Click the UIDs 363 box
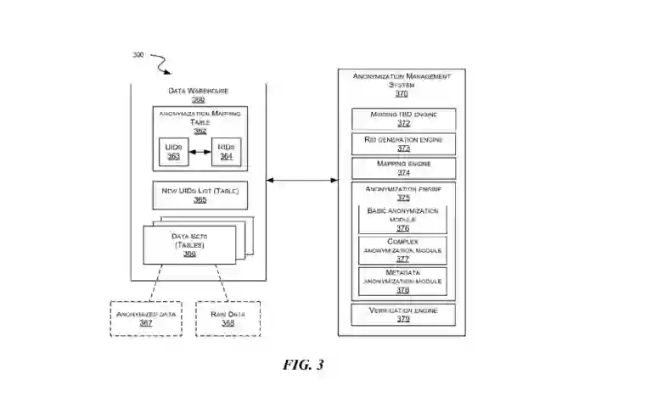click(x=172, y=151)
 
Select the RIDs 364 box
click(x=226, y=151)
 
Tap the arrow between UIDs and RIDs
click(x=199, y=152)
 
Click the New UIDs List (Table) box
click(x=200, y=195)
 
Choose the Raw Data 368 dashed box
click(x=228, y=318)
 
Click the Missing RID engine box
click(x=403, y=119)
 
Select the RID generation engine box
click(x=403, y=143)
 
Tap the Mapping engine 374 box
click(x=403, y=168)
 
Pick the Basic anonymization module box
click(x=403, y=219)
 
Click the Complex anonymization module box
click(x=403, y=250)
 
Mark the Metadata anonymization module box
click(x=403, y=281)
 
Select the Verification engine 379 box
click(x=403, y=315)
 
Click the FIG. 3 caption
click(x=303, y=365)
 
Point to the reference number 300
click(x=138, y=56)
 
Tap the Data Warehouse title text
click(x=199, y=91)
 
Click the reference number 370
click(x=402, y=94)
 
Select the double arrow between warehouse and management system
click(x=301, y=180)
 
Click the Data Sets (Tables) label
click(x=194, y=240)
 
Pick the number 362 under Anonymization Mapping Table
click(x=200, y=131)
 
